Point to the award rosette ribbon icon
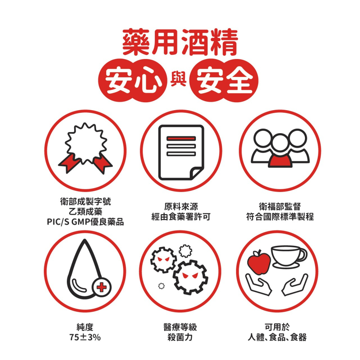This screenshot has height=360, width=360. [85, 148]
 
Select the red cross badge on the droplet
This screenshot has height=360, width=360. [102, 287]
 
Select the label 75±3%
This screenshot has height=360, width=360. [85, 337]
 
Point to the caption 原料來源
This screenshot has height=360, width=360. [181, 207]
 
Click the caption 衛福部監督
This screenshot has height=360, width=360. [280, 207]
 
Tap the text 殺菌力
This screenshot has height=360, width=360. [180, 337]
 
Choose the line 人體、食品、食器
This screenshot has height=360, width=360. [277, 337]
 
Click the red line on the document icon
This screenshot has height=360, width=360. [181, 138]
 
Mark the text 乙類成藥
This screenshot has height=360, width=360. [85, 212]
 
